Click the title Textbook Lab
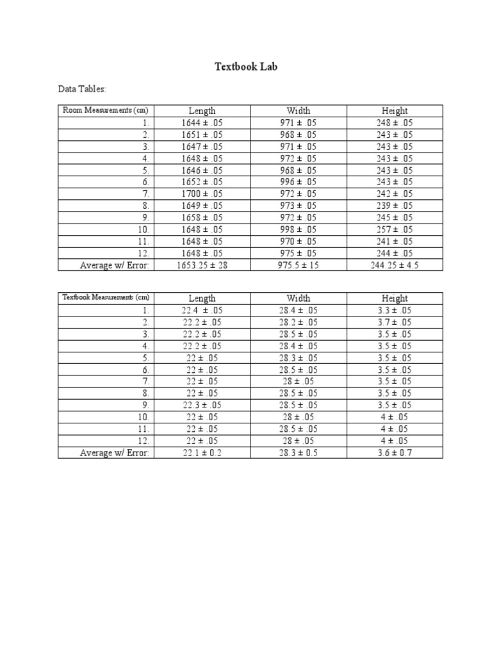(x=245, y=67)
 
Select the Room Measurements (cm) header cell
(x=105, y=110)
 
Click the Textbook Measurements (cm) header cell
(x=106, y=298)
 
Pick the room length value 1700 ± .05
(x=202, y=193)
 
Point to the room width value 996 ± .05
(x=298, y=182)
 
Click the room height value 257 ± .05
(x=394, y=229)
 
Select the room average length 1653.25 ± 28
(x=202, y=265)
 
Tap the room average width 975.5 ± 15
(x=298, y=265)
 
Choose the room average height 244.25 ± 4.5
(x=394, y=265)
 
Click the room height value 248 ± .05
(x=394, y=122)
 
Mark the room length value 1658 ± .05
(x=202, y=218)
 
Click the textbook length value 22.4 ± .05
(x=202, y=310)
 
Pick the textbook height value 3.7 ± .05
(x=394, y=322)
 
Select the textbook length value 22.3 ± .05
(x=202, y=405)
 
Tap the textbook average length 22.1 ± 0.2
(x=202, y=453)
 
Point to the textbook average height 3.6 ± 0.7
(x=394, y=453)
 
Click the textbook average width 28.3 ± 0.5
(x=298, y=453)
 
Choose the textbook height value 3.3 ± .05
(x=394, y=310)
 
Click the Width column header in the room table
(x=298, y=111)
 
